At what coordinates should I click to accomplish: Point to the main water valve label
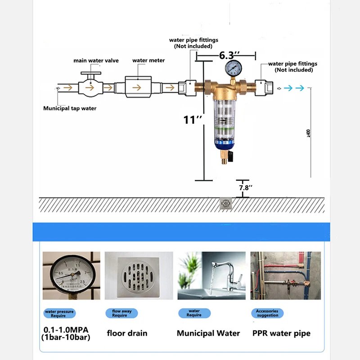(x=96, y=61)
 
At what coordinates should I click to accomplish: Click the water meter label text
(x=148, y=60)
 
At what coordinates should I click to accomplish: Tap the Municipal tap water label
(x=70, y=108)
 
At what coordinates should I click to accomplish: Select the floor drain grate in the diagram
(x=226, y=204)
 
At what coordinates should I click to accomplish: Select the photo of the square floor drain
(x=139, y=275)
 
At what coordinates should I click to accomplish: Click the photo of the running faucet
(x=211, y=275)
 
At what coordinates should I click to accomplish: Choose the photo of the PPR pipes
(x=285, y=275)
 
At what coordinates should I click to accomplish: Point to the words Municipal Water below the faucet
(x=208, y=333)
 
